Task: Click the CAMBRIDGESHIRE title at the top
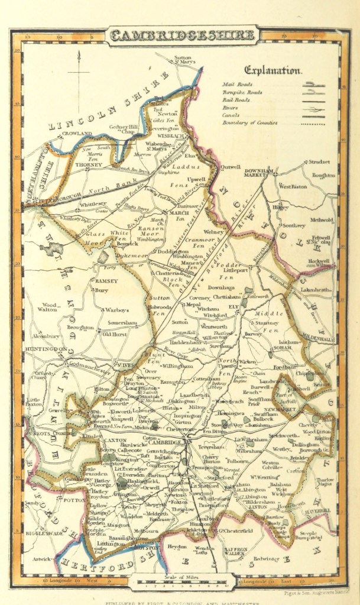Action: [x=183, y=35]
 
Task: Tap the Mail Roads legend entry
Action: [x=237, y=84]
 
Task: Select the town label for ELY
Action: [x=233, y=307]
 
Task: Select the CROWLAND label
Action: [x=78, y=134]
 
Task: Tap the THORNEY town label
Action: [x=89, y=164]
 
